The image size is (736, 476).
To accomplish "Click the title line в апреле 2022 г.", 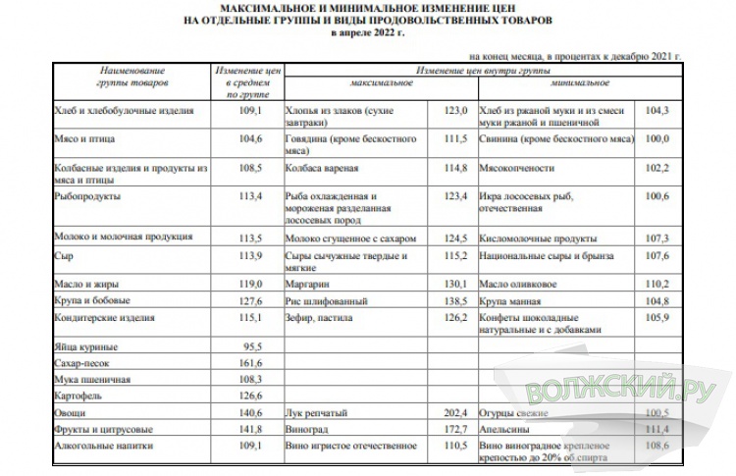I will pyautogui.click(x=367, y=32).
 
